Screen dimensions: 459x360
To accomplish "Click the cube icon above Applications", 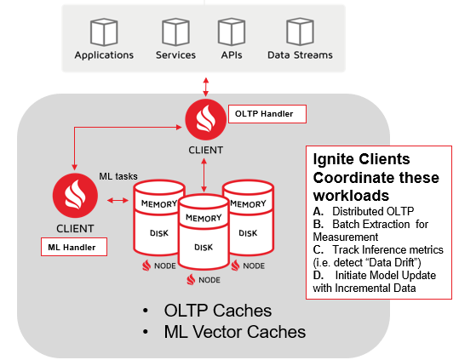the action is point(104,31).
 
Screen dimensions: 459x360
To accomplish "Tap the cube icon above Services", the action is point(175,31).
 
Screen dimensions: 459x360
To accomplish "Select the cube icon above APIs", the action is point(232,31).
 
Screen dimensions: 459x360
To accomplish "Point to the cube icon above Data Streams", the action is point(300,31).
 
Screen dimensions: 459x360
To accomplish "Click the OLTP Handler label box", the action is point(267,114).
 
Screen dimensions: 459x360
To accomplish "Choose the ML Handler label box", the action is point(74,247).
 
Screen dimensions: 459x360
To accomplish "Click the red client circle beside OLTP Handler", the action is point(206,120).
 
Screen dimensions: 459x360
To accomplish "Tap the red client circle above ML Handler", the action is point(75,196).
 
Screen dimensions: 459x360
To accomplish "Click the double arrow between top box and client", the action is point(206,87).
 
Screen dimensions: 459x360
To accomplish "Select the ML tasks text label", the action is point(118,176).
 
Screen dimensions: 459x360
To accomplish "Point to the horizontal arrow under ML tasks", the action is point(118,200).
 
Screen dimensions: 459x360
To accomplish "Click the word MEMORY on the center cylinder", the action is point(204,218).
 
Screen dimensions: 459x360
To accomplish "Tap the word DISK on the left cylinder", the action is point(159,233).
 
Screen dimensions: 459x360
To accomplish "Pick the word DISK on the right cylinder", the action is point(248,233).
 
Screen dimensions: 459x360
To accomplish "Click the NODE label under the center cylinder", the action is point(209,280).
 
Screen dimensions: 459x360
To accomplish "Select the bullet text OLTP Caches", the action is point(217,311).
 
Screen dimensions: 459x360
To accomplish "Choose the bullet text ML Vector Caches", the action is point(235,332).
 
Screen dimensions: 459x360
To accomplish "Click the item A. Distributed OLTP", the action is point(364,211).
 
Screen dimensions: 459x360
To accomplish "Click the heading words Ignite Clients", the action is point(362,159).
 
